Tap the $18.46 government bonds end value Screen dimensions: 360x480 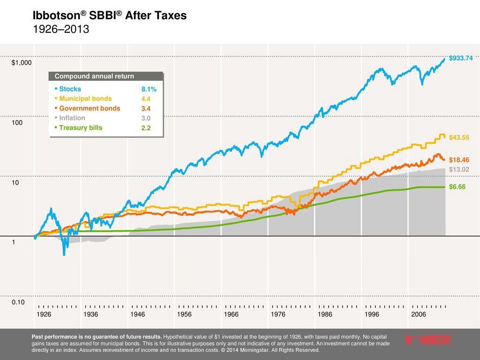(459, 160)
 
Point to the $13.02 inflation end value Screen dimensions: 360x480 (459, 169)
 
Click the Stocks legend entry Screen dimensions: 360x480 (70, 89)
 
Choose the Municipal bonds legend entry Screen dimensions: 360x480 (85, 99)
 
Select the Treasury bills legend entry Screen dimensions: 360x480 (80, 127)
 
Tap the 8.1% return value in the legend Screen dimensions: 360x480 (149, 89)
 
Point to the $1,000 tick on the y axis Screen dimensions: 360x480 (22, 63)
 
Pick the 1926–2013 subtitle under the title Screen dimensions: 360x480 (60, 29)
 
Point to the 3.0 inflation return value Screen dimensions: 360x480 (146, 118)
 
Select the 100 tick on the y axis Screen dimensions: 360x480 (17, 123)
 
